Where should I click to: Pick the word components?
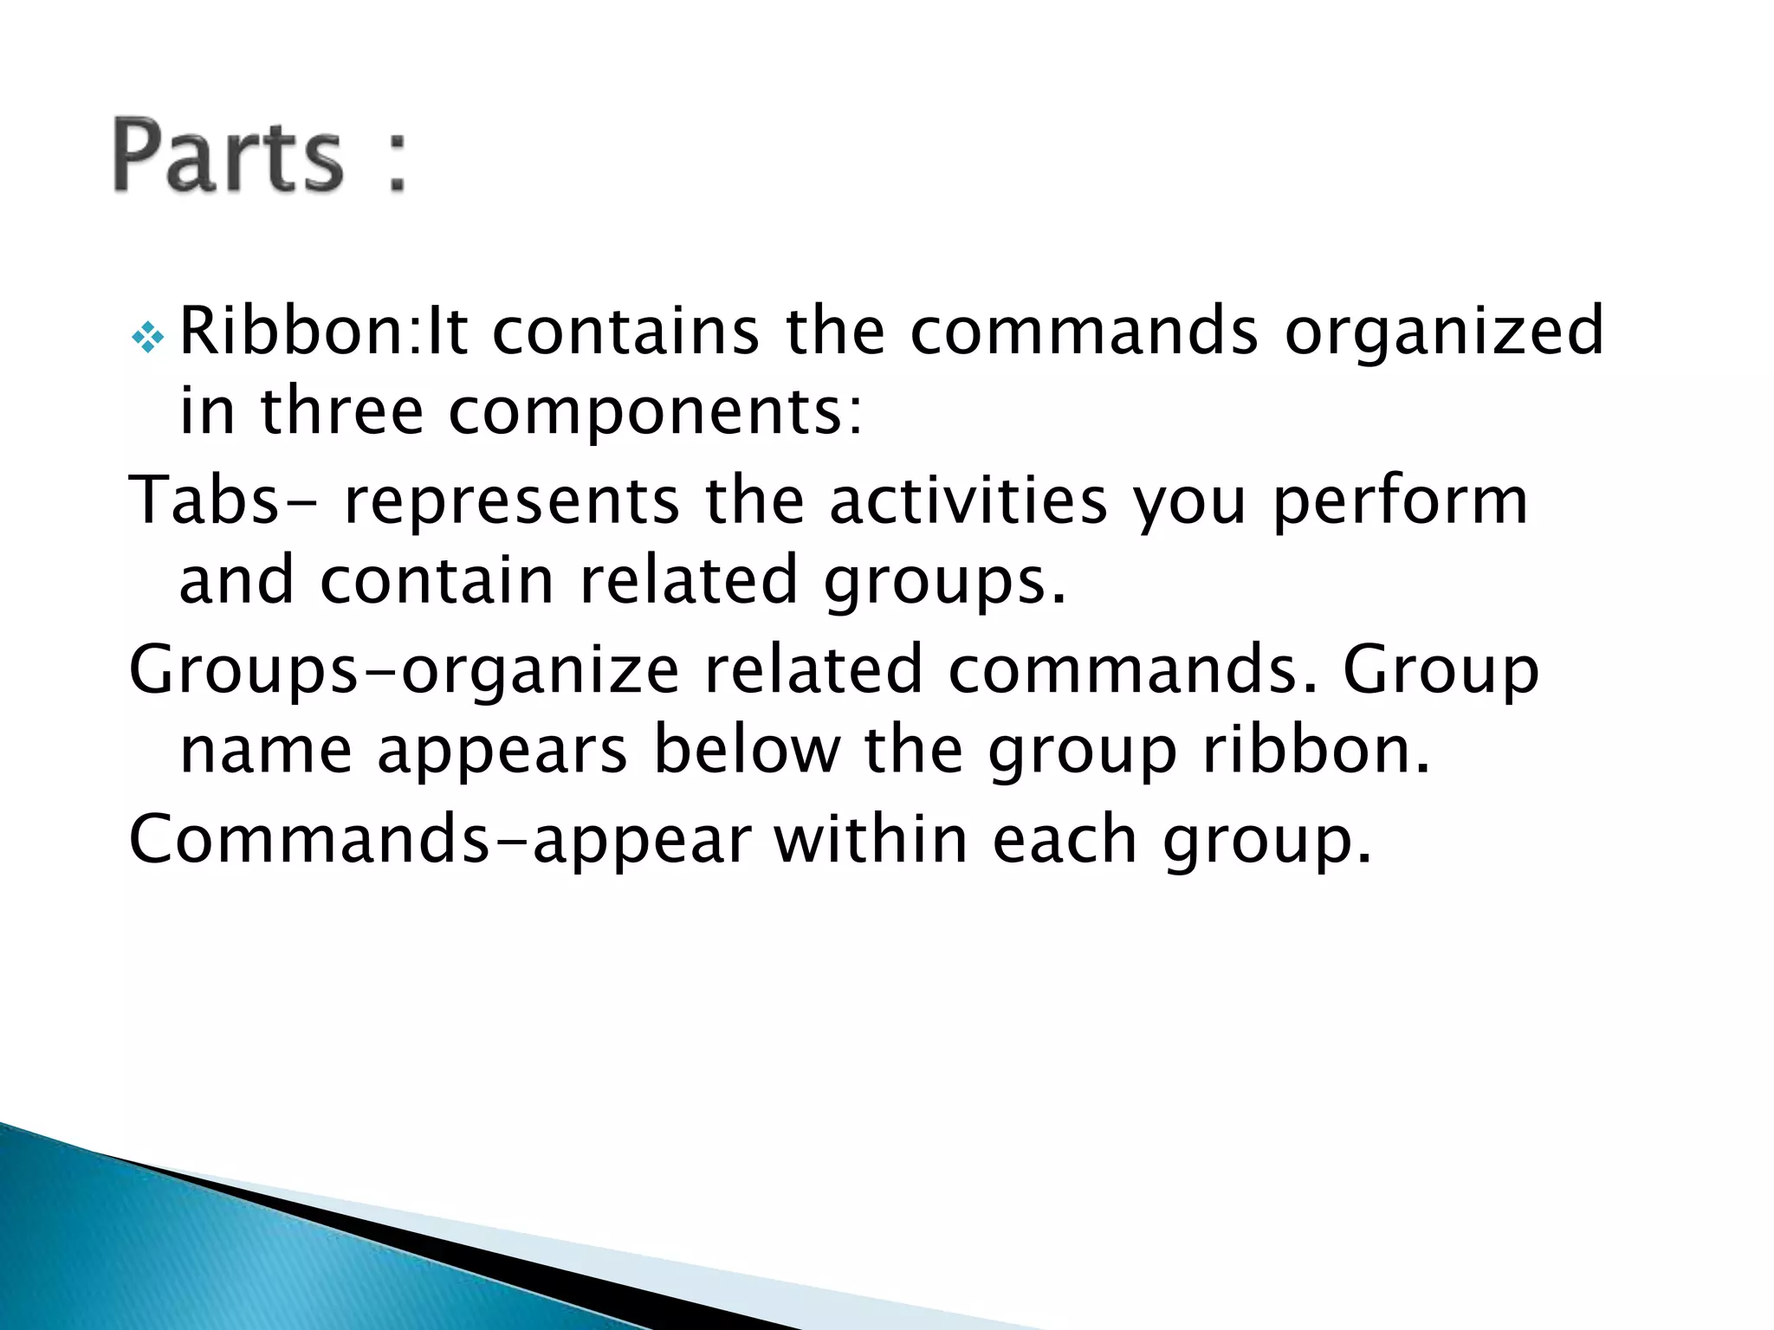[x=655, y=413]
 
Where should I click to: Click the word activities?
[x=968, y=500]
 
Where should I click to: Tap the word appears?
[x=502, y=752]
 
